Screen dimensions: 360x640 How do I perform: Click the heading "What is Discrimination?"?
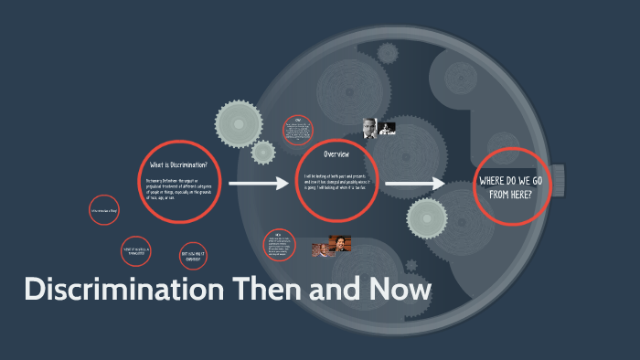click(179, 164)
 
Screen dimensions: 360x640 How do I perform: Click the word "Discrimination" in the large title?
click(124, 291)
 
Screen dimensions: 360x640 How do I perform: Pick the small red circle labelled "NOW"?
click(279, 243)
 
